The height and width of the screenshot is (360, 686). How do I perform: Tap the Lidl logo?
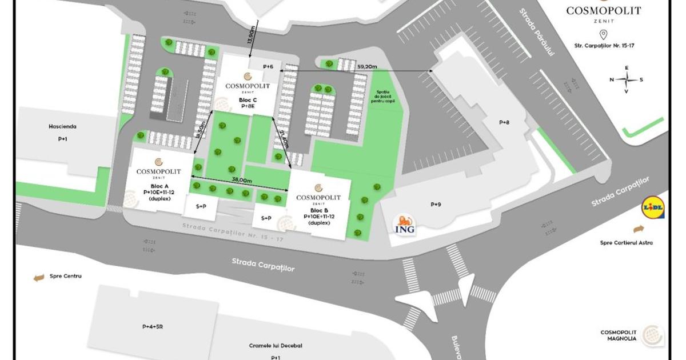tap(653, 209)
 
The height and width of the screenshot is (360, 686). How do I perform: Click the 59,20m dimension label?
tap(367, 66)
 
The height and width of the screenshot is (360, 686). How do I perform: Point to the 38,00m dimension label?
tap(241, 180)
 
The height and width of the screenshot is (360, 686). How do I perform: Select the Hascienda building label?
tap(63, 126)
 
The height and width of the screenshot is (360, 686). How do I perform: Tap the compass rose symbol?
tap(627, 79)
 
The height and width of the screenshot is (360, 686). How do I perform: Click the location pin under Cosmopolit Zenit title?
tap(603, 34)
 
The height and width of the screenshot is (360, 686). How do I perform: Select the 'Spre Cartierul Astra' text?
tap(626, 242)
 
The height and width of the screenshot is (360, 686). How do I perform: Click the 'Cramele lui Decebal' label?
tap(276, 346)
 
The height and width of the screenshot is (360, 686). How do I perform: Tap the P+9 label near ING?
tap(436, 204)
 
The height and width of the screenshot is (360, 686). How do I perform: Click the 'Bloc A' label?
tap(159, 187)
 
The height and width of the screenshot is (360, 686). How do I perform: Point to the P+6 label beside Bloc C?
tap(269, 67)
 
